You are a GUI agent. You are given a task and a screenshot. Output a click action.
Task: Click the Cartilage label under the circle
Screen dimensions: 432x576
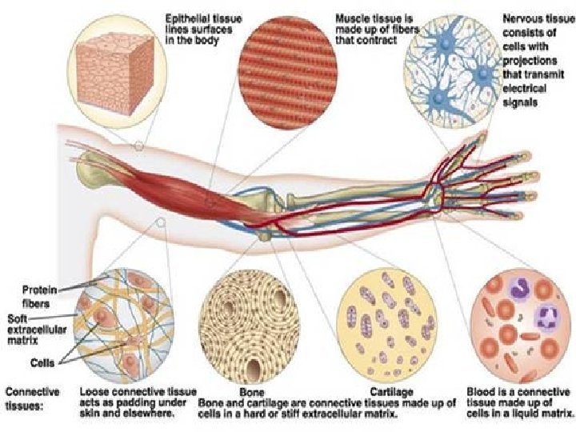391,392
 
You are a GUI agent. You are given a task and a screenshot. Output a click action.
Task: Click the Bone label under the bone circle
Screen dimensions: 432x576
251,392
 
